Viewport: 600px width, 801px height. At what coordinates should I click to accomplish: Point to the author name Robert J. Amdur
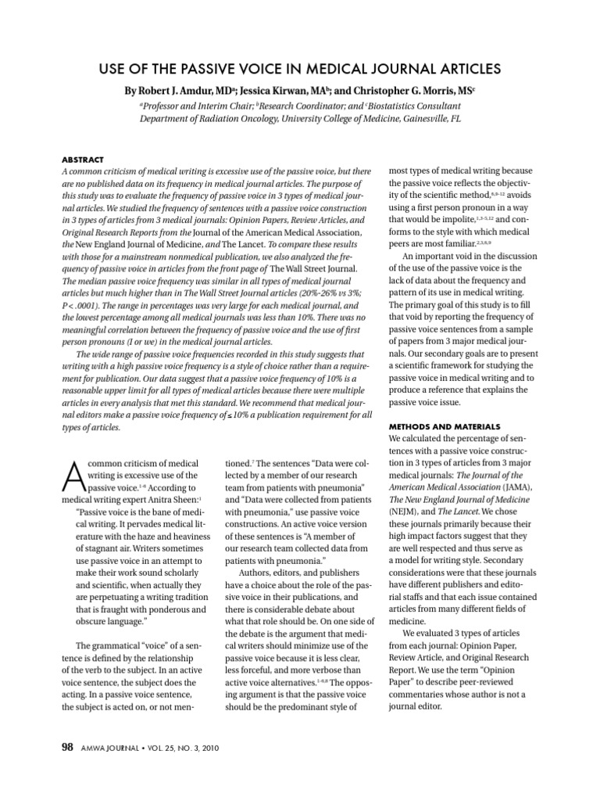180,90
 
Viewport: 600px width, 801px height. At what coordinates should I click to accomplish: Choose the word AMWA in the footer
91,748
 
